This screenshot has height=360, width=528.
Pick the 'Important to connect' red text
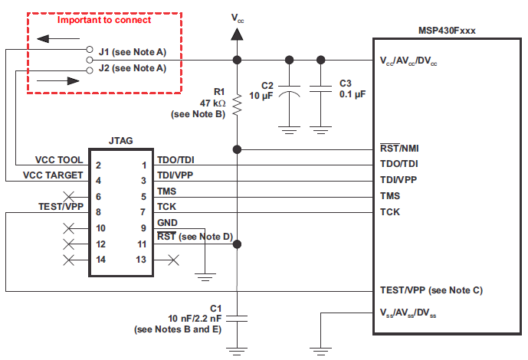click(105, 20)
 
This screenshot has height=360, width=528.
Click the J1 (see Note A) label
click(132, 53)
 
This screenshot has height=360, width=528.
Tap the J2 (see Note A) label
click(132, 68)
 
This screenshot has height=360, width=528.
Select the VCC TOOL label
click(59, 162)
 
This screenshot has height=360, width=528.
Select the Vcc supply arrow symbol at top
click(238, 34)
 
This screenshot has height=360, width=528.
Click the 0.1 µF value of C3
click(353, 94)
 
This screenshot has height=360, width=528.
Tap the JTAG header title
click(122, 141)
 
